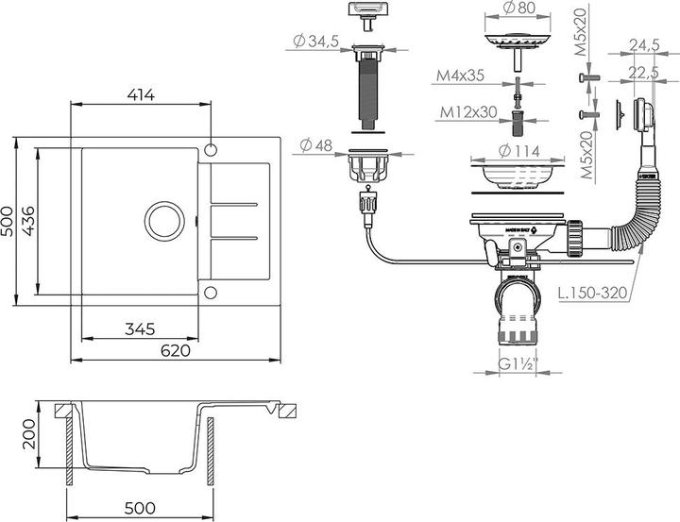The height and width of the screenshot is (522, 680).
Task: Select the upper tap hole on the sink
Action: [210, 149]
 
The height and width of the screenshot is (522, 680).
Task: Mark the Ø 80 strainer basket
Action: [516, 42]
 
